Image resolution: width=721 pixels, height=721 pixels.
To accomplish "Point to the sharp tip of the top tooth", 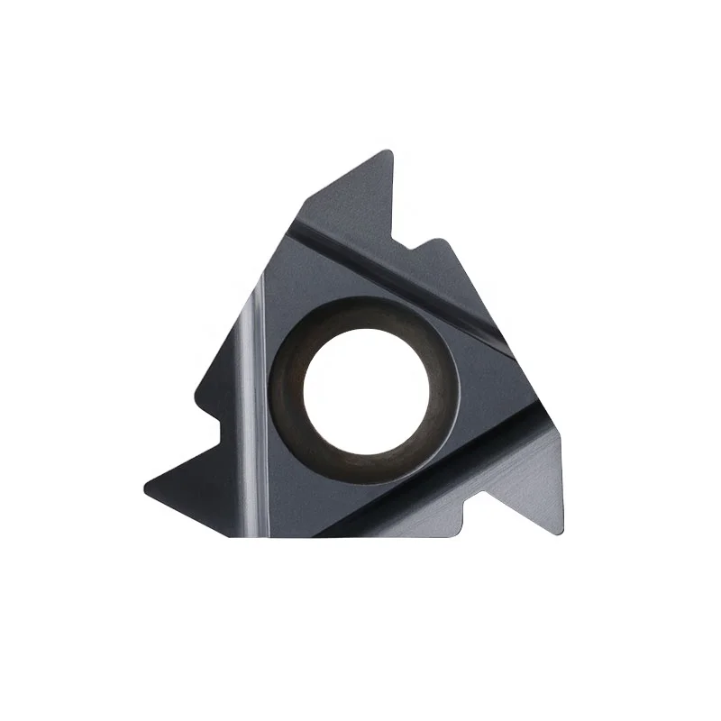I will pyautogui.click(x=389, y=151).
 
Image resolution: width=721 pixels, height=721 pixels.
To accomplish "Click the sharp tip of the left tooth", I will pyautogui.click(x=147, y=488).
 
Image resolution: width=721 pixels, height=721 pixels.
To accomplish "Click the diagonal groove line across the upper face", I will pyautogui.click(x=397, y=270).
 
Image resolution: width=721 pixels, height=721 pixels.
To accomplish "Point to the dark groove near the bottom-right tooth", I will pyautogui.click(x=424, y=491).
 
